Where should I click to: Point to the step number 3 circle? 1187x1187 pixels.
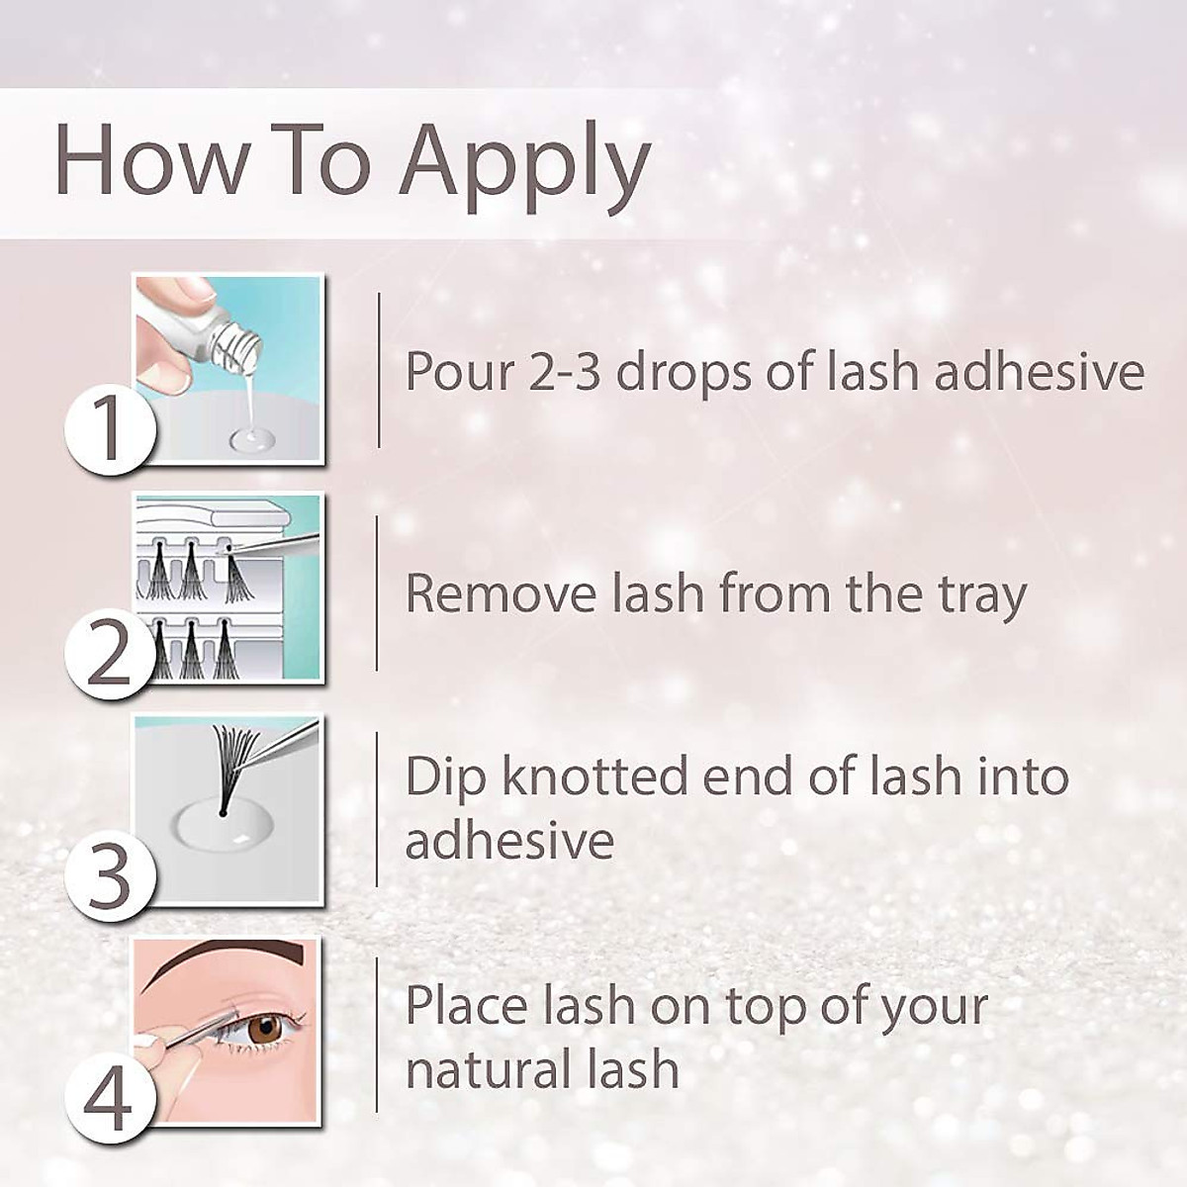tap(109, 875)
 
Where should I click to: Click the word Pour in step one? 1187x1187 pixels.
tap(461, 372)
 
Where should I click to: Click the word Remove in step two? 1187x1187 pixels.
tap(500, 594)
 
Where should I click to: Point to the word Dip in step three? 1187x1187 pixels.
tap(446, 777)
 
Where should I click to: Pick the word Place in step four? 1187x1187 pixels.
tap(466, 1006)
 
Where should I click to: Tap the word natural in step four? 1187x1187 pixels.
tap(472, 1070)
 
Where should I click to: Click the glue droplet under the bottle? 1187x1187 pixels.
tap(251, 437)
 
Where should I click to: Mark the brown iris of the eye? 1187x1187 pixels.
tap(264, 1029)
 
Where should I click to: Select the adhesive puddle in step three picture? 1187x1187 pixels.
tap(224, 826)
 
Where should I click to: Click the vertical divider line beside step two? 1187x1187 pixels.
tap(377, 593)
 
